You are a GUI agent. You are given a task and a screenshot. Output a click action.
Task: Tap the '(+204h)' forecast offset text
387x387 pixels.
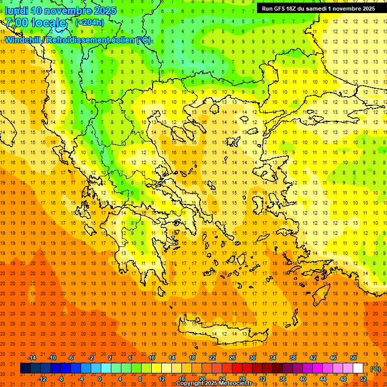[90, 22]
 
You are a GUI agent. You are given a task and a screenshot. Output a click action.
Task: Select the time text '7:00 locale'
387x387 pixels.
[35, 23]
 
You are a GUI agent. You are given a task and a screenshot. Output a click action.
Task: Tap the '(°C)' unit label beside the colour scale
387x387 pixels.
[375, 369]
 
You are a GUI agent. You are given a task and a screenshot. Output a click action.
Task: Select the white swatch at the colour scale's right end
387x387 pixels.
[358, 368]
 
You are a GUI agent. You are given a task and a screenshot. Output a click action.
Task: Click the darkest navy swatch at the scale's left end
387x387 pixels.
[26, 368]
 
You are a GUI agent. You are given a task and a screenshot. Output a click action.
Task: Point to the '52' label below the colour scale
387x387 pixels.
[363, 378]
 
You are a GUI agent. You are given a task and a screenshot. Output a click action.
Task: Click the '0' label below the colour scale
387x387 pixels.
[100, 378]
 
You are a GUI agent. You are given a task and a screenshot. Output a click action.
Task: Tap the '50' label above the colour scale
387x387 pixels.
[353, 358]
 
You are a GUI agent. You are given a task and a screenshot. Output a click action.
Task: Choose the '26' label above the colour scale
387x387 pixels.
[232, 358]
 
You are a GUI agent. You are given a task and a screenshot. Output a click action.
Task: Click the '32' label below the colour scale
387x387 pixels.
[263, 378]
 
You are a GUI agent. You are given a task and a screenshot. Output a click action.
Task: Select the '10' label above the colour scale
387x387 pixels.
[151, 358]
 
